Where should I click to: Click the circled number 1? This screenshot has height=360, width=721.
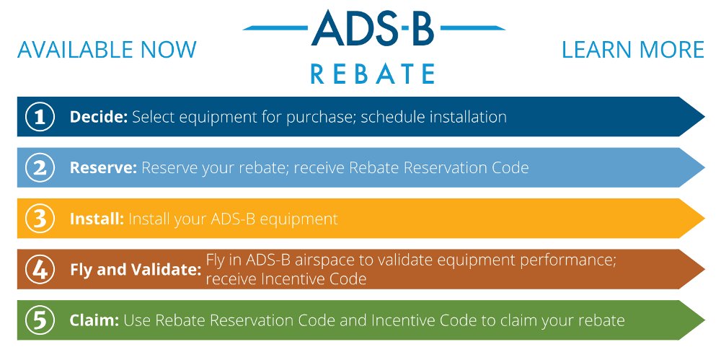[40, 117]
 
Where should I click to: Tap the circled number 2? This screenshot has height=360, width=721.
[40, 167]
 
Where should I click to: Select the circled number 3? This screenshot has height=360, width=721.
[40, 219]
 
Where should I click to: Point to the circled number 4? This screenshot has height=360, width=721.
[40, 269]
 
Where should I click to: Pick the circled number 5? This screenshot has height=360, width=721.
[40, 320]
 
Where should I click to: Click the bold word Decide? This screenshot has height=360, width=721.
[98, 117]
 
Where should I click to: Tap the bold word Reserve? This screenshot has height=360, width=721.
[103, 167]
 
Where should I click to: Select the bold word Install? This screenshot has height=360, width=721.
[97, 219]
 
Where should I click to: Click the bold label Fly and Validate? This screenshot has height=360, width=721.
[136, 270]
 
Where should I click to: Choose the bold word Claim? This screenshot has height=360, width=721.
[94, 320]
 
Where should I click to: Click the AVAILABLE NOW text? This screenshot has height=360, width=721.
[107, 50]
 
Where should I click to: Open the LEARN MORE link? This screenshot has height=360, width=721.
[633, 50]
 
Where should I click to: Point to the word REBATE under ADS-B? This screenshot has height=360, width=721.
[373, 74]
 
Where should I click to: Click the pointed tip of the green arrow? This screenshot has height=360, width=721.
[704, 320]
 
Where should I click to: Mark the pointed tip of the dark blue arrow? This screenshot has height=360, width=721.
[704, 117]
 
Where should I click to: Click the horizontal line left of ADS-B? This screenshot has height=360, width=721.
[275, 28]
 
